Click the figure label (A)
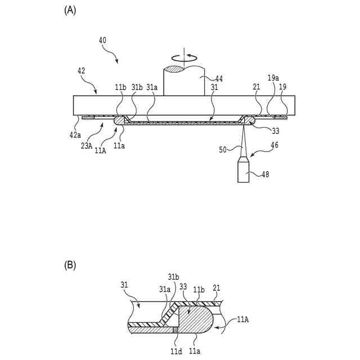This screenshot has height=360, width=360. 70,10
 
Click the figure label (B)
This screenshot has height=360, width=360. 70,264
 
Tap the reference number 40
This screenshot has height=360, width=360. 102,40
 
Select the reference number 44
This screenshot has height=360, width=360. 219,79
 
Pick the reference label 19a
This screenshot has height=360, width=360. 273,79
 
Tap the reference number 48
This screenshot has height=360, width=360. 265,174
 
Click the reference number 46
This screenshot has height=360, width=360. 274,145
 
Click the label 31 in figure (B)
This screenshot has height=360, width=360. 125,285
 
